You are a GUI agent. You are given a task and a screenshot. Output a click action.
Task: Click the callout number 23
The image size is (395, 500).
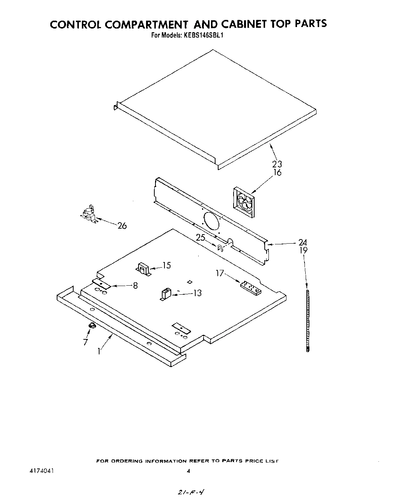(x=277, y=164)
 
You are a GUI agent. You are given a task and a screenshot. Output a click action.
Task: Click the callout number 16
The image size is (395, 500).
(x=277, y=173)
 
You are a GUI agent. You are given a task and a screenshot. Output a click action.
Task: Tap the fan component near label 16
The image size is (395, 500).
(x=244, y=203)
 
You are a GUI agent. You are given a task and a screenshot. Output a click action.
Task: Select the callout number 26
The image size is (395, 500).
(x=122, y=226)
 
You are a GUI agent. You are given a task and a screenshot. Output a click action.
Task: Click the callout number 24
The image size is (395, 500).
(x=303, y=242)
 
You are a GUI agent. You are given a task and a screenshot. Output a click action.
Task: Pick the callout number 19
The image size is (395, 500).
(x=303, y=250)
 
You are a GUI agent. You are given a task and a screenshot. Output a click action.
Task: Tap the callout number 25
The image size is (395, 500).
(x=201, y=238)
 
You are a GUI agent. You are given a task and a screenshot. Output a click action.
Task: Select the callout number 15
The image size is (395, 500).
(x=166, y=265)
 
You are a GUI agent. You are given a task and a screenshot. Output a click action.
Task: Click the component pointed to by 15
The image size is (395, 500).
(x=143, y=269)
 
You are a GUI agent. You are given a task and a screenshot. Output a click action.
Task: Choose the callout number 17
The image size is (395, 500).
(x=220, y=273)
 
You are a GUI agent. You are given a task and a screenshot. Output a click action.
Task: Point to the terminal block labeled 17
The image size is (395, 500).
(x=250, y=288)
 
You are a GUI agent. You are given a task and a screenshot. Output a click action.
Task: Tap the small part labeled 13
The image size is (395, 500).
(x=166, y=294)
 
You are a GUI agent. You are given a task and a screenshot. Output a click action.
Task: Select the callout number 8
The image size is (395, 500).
(x=135, y=286)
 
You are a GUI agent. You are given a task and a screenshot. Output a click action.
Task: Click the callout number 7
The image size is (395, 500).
(x=85, y=342)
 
